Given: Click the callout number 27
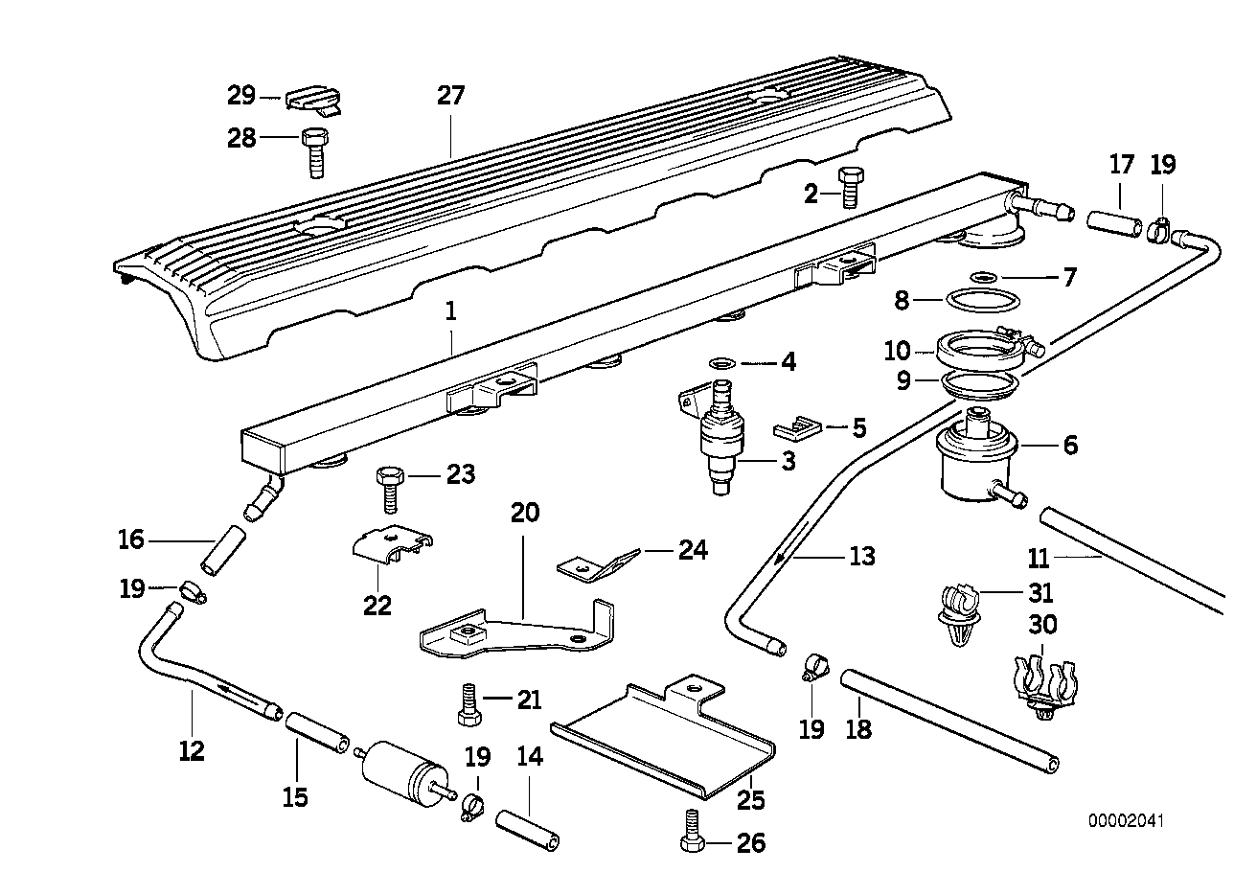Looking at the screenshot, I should click(x=450, y=96).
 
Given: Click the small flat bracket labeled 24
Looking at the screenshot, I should click(x=596, y=563).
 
